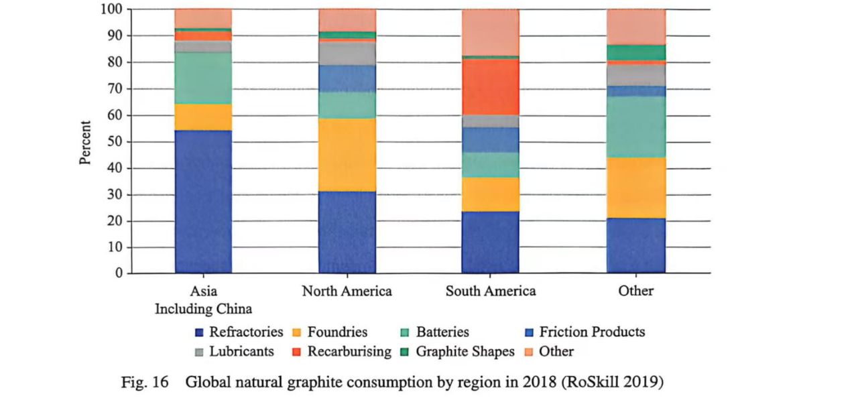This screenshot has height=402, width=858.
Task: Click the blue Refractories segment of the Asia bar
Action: pyautogui.click(x=203, y=201)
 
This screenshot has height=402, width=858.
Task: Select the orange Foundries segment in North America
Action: pyautogui.click(x=347, y=155)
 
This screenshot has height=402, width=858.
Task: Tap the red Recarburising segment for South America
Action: pyautogui.click(x=491, y=86)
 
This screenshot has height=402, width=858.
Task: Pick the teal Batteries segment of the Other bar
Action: pyautogui.click(x=636, y=127)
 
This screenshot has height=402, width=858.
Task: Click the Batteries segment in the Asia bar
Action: pyautogui.click(x=203, y=78)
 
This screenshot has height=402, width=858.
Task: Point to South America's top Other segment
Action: pyautogui.click(x=491, y=31)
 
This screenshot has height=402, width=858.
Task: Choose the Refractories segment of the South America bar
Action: pyautogui.click(x=491, y=242)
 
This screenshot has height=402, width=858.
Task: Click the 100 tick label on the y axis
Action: pyautogui.click(x=111, y=9)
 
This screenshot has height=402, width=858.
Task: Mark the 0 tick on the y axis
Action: pyautogui.click(x=118, y=273)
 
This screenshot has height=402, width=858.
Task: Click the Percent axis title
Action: pyautogui.click(x=85, y=142)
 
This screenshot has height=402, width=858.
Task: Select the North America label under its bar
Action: pyautogui.click(x=347, y=291)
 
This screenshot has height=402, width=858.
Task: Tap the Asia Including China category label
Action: pyautogui.click(x=203, y=300)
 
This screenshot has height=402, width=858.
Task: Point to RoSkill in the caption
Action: pyautogui.click(x=587, y=383)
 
